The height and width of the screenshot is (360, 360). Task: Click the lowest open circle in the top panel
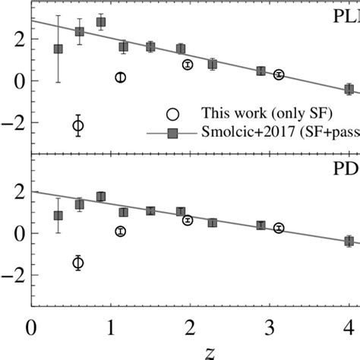(x=77, y=125)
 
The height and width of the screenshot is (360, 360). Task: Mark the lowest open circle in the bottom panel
(x=77, y=263)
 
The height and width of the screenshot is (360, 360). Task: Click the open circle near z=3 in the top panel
(x=279, y=74)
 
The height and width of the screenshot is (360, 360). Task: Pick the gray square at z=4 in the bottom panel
(x=349, y=241)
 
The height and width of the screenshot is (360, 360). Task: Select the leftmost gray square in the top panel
(x=58, y=49)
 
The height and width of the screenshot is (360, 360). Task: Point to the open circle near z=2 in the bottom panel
(x=188, y=220)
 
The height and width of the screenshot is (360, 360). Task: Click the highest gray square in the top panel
(x=101, y=22)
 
